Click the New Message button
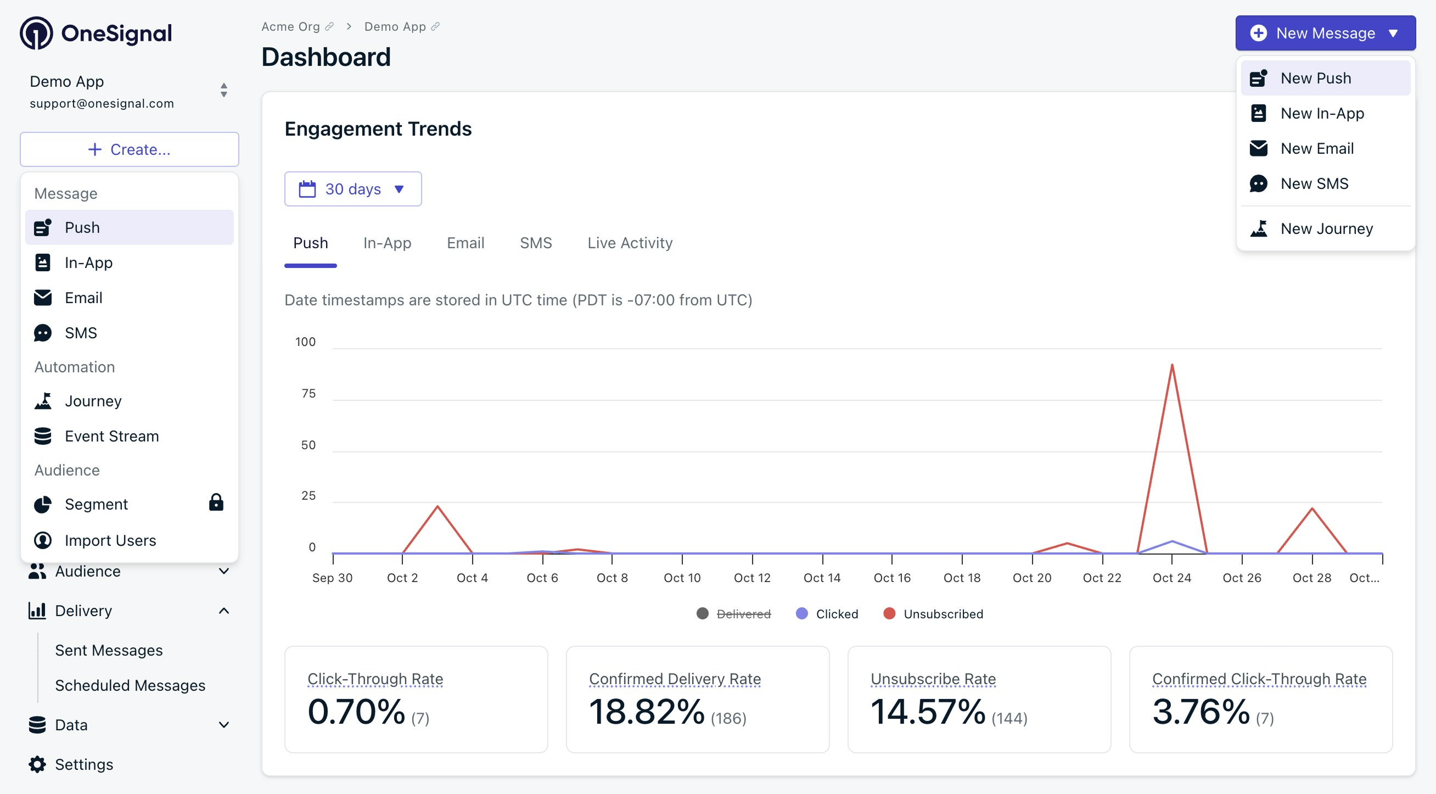1325,33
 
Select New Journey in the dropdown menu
1326,228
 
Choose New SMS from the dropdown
1314,183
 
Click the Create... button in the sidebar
130,149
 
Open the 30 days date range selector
352,189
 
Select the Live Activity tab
630,243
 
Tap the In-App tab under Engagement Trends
387,243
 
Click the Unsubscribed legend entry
943,614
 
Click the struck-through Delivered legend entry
743,614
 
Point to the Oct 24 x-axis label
1171,578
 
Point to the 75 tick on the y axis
308,394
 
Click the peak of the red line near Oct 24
1172,365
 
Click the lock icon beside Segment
216,502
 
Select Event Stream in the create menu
111,436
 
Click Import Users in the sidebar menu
110,540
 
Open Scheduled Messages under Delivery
130,685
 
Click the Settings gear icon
37,764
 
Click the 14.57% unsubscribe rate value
928,712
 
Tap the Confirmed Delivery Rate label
675,679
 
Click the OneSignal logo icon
36,33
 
